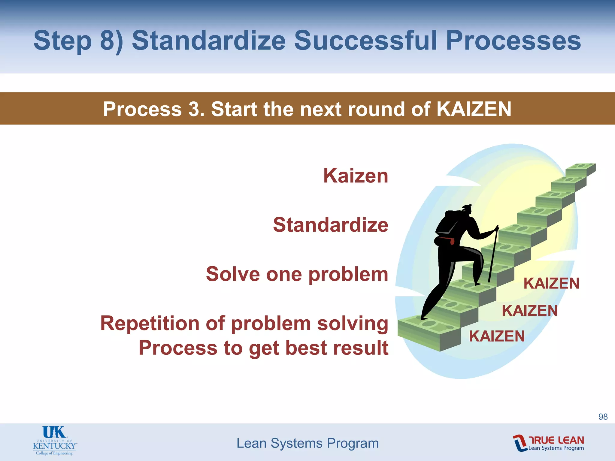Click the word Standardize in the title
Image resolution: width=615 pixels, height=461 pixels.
(x=209, y=41)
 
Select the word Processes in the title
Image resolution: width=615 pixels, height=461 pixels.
(x=513, y=41)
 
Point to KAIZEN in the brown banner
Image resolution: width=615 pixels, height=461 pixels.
(x=474, y=109)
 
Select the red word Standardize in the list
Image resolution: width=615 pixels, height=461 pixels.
(x=330, y=225)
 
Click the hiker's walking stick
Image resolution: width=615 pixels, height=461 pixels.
(x=492, y=255)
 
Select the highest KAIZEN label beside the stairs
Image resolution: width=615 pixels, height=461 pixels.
(x=551, y=284)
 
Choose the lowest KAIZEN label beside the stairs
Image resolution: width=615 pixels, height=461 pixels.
(x=497, y=336)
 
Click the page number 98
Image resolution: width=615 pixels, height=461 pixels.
(x=603, y=417)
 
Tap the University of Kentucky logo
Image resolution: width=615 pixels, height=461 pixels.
(x=55, y=441)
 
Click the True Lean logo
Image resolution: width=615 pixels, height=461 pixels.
(x=548, y=443)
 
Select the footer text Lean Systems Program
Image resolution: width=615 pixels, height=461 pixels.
(x=307, y=443)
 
